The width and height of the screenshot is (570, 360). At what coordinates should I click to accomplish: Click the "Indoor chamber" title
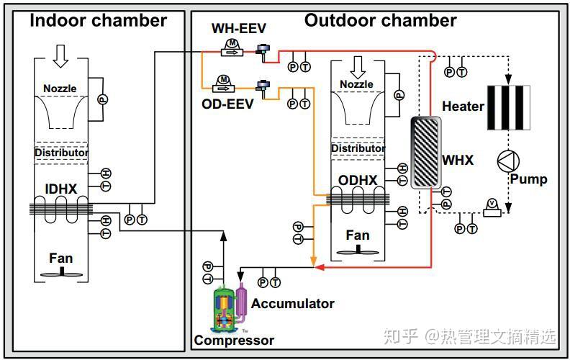coord(98,20)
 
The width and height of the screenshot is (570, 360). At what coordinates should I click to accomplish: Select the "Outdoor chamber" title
coord(380,20)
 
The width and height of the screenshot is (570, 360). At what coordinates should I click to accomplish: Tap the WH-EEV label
coord(238,29)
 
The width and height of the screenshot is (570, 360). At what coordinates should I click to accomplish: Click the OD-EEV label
coord(228,104)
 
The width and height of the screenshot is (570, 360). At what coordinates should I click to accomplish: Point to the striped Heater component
coord(508,107)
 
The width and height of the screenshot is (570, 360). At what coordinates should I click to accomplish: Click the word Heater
coord(463,107)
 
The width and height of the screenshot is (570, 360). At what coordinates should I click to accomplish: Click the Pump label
coord(528,179)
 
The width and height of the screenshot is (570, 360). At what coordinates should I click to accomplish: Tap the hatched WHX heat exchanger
coord(425,151)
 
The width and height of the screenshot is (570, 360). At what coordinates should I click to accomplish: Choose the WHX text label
coord(458,160)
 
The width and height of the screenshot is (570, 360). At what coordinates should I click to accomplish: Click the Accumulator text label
coord(292,304)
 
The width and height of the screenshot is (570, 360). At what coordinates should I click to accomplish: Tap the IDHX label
coord(61,189)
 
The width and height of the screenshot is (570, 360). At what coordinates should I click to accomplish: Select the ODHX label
coord(357,180)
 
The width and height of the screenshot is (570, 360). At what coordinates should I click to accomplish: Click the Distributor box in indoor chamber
coord(61,153)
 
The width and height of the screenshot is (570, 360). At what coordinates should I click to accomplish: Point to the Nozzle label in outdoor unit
coord(356,84)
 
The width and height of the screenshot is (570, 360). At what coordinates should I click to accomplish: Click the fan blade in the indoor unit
coord(62,273)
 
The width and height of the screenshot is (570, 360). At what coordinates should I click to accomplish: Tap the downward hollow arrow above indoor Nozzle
coord(61,55)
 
